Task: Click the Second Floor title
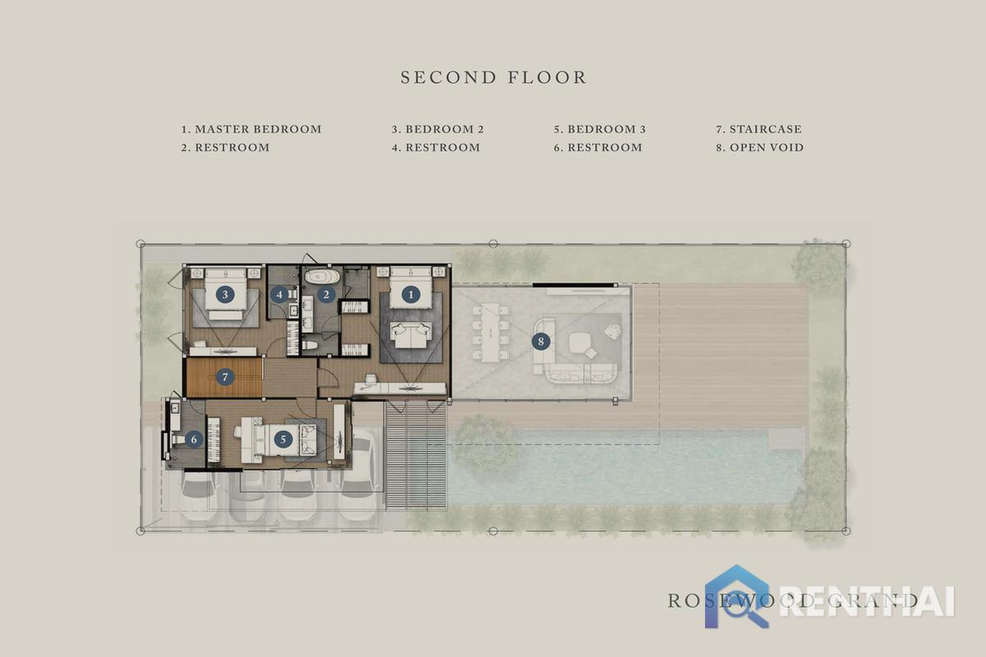[x=494, y=77]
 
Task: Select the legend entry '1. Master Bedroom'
[x=251, y=129]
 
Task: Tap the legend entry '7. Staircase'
[x=759, y=129]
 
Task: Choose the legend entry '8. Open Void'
[x=760, y=148]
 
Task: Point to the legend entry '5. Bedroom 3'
[x=600, y=129]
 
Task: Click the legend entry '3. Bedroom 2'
[x=437, y=129]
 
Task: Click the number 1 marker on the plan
[x=411, y=294]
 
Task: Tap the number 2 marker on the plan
[x=326, y=294]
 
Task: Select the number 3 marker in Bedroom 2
[x=225, y=294]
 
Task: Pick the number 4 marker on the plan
[x=279, y=294]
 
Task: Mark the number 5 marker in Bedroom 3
[x=283, y=439]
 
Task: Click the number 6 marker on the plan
[x=194, y=439]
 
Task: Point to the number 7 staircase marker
[x=225, y=377]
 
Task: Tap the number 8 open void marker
[x=541, y=341]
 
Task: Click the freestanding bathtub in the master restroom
[x=323, y=277]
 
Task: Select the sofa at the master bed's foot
[x=411, y=335]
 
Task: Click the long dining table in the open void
[x=490, y=333]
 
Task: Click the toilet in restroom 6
[x=179, y=439]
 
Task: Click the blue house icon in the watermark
[x=737, y=596]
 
